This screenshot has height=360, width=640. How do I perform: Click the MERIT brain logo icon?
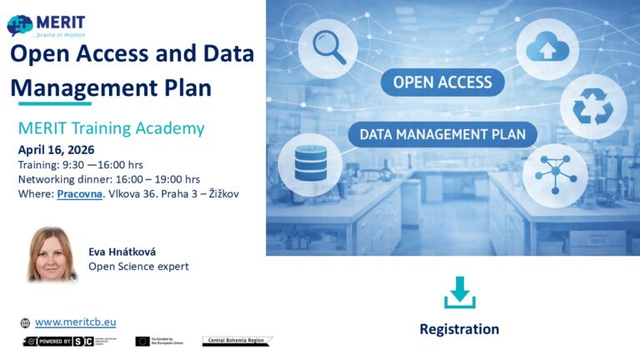[x=20, y=27]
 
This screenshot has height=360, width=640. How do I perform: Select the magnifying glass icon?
[x=327, y=48]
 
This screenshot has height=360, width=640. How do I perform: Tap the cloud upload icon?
[x=547, y=49]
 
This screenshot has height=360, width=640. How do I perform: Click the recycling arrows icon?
[x=593, y=107]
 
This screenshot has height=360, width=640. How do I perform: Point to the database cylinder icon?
[x=309, y=161]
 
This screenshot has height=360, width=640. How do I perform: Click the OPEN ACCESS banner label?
[x=442, y=82]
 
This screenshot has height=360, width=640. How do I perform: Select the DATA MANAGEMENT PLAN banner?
[x=442, y=134]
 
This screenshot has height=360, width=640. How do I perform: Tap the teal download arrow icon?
[x=459, y=292]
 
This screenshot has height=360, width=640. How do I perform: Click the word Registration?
[x=459, y=329]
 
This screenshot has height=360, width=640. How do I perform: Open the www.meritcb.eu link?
[x=75, y=322]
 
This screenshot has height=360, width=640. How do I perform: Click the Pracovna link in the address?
[x=80, y=193]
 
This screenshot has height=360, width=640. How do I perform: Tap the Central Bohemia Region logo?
[x=237, y=341]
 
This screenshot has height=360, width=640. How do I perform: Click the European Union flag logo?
[x=142, y=342]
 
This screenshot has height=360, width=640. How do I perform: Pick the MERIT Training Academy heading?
[x=111, y=128]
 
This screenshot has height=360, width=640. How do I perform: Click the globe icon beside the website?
[x=25, y=323]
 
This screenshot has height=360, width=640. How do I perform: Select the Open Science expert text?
[x=138, y=267]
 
